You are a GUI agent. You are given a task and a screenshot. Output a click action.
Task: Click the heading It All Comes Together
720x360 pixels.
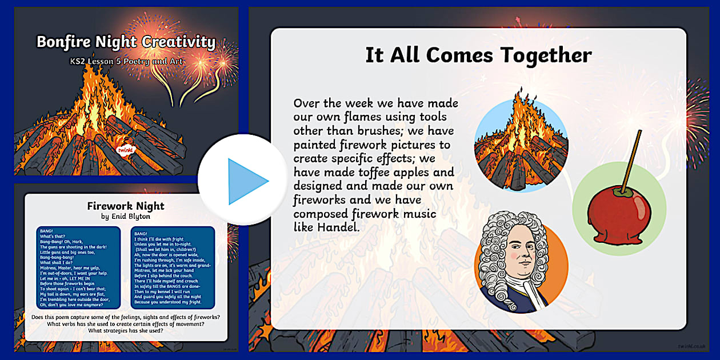[x=478, y=55]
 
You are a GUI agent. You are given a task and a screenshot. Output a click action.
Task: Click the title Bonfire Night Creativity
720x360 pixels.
[x=126, y=42]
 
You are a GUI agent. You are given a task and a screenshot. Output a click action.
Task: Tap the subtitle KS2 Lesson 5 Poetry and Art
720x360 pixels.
[x=126, y=60]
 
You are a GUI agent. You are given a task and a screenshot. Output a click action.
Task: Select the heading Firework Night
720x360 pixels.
[x=125, y=206]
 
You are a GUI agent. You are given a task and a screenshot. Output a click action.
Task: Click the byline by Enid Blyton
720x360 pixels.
[x=125, y=217]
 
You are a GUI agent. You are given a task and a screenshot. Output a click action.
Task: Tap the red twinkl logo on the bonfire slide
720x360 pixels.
[x=124, y=150]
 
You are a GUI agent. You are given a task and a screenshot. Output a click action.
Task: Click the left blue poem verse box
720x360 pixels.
[x=78, y=267]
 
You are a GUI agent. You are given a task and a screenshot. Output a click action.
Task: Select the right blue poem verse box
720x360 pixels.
[x=173, y=267]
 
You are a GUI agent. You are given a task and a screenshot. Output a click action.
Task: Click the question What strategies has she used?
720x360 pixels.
[x=125, y=331]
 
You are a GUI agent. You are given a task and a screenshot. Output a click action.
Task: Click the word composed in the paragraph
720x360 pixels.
[x=326, y=214]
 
